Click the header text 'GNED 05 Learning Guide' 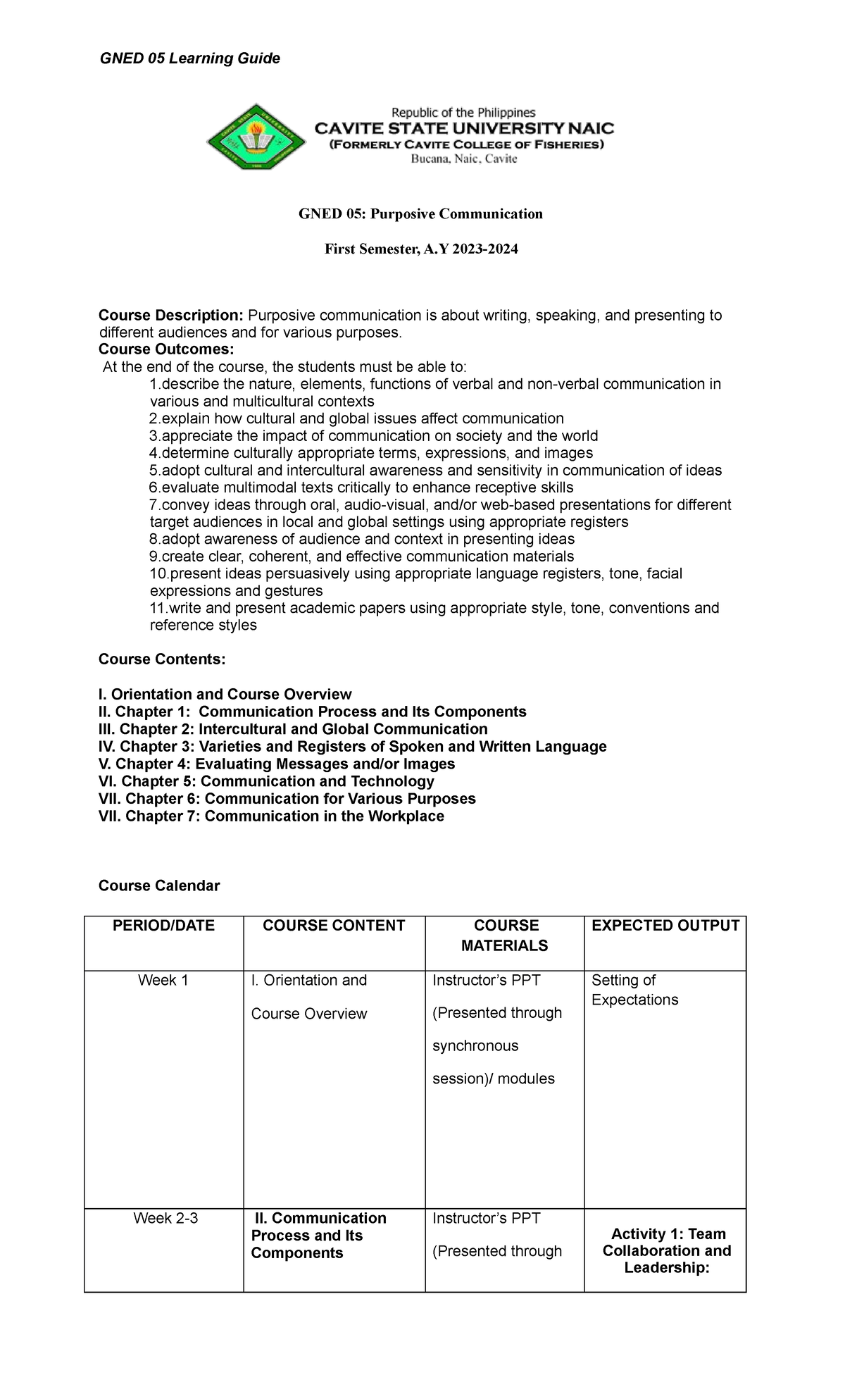pyautogui.click(x=189, y=58)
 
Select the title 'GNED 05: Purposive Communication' pyautogui.click(x=420, y=214)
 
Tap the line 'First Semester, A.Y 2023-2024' pyautogui.click(x=420, y=249)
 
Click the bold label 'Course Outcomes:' pyautogui.click(x=165, y=350)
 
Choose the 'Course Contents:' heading pyautogui.click(x=162, y=659)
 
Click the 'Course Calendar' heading pyautogui.click(x=159, y=886)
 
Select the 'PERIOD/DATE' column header pyautogui.click(x=163, y=926)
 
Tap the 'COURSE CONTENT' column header pyautogui.click(x=334, y=926)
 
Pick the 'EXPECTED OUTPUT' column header pyautogui.click(x=665, y=926)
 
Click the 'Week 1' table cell pyautogui.click(x=163, y=981)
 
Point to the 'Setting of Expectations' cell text pyautogui.click(x=634, y=990)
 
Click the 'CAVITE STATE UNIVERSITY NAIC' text pyautogui.click(x=463, y=129)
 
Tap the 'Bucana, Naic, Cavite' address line pyautogui.click(x=463, y=159)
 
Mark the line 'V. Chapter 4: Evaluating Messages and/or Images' pyautogui.click(x=277, y=764)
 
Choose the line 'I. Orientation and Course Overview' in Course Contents pyautogui.click(x=225, y=695)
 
